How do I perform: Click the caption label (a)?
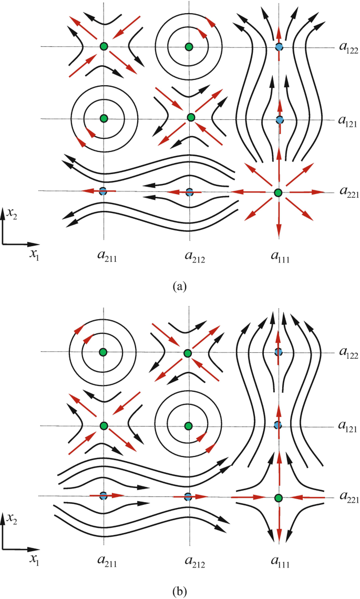pos(180,287)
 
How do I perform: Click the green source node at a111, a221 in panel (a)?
pos(279,192)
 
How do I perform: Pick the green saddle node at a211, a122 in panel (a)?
pos(104,47)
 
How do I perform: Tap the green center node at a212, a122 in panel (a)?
pos(189,47)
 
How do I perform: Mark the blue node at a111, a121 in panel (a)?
pos(280,120)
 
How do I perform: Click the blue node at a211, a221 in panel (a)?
pos(103,190)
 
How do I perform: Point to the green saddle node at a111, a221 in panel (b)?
pos(279,498)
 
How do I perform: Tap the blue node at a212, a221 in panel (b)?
pos(188,496)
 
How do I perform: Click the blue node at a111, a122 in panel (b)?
pos(279,351)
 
